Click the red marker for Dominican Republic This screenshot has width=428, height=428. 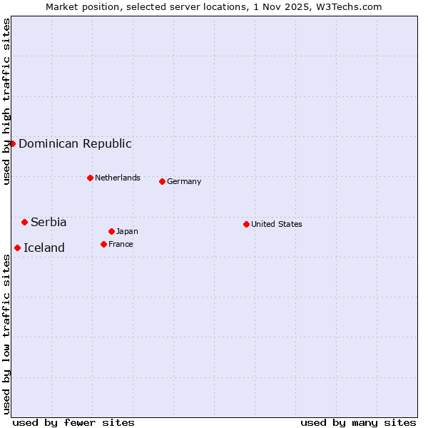[12, 143]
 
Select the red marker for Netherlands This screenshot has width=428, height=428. [90, 178]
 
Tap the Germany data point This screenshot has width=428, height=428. [162, 181]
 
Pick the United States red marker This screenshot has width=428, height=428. [246, 224]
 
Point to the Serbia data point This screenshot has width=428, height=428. [24, 222]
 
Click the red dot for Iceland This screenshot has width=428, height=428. [17, 248]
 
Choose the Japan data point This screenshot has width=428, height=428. [111, 231]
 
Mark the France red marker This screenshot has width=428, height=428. [103, 244]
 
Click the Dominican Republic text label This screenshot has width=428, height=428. [75, 143]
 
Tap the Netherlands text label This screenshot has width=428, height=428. [117, 178]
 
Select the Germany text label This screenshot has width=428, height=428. [184, 181]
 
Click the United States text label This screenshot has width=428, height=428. [276, 224]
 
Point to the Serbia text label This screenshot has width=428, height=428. [49, 222]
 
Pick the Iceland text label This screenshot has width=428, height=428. [44, 248]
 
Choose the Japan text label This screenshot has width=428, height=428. [127, 231]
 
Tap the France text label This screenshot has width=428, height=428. [121, 244]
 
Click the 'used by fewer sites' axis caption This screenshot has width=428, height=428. [73, 422]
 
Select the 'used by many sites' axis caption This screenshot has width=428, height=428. [358, 422]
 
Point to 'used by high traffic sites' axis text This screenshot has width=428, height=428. [6, 101]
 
